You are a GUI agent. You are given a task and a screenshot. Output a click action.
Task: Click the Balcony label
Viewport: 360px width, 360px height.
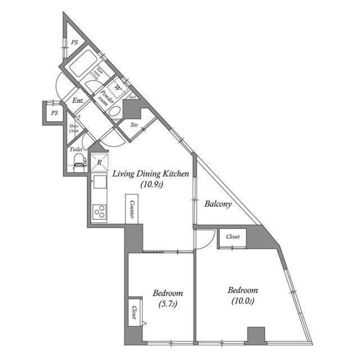click(x=218, y=205)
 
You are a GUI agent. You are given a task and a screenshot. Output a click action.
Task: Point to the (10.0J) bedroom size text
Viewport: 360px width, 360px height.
click(x=242, y=301)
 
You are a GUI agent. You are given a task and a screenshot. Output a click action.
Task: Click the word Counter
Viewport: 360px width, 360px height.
click(x=131, y=209)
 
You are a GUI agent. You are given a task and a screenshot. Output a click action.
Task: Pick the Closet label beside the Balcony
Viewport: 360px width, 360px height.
click(x=233, y=237)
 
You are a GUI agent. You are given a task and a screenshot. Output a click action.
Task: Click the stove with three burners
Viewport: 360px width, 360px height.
click(x=100, y=213)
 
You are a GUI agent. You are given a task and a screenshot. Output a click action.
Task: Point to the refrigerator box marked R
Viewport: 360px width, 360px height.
click(x=99, y=163)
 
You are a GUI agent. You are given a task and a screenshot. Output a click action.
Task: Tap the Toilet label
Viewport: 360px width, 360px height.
click(x=76, y=150)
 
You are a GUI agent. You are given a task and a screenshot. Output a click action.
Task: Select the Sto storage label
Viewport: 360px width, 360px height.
click(x=134, y=125)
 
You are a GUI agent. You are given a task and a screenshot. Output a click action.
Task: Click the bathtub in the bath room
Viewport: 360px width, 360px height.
click(x=82, y=64)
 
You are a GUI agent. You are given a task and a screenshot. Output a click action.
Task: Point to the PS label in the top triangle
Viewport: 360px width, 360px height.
click(x=74, y=42)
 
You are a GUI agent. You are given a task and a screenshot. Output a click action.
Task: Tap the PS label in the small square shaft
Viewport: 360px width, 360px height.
click(x=54, y=113)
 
